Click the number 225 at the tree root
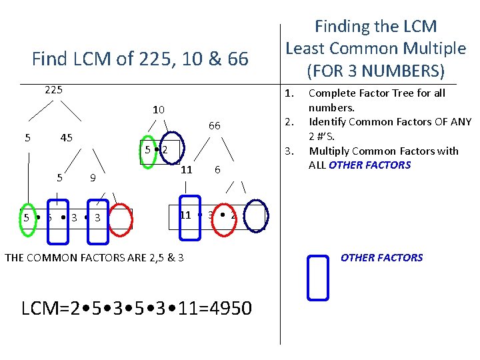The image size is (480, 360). click(53, 89)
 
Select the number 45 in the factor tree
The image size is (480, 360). click(67, 138)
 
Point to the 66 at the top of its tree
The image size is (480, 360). click(214, 125)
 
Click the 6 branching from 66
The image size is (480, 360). click(217, 170)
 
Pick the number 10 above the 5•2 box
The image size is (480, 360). click(158, 109)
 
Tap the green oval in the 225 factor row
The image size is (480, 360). click(27, 217)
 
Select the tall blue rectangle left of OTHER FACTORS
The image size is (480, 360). click(319, 275)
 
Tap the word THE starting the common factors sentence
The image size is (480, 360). click(16, 257)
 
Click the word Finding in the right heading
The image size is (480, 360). click(342, 27)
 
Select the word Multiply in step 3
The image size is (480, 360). click(330, 151)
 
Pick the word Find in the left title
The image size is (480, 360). click(49, 59)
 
